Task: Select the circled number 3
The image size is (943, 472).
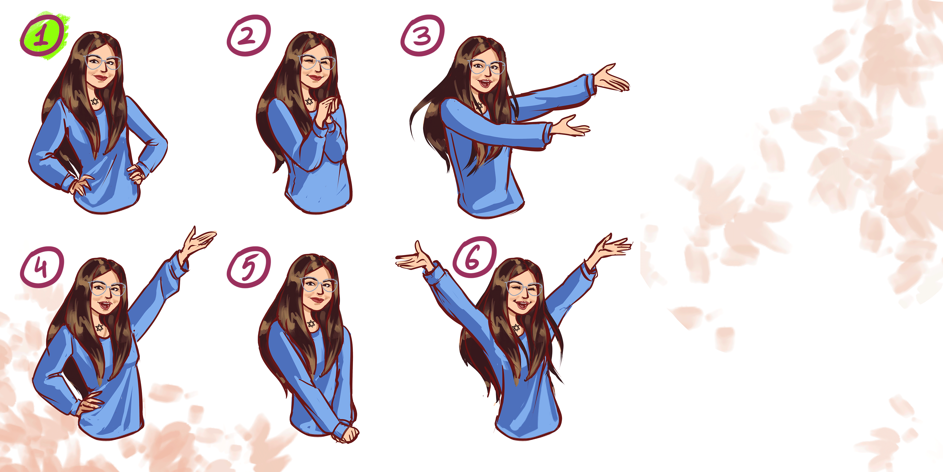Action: tap(422, 36)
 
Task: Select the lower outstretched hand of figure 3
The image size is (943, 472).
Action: tap(570, 126)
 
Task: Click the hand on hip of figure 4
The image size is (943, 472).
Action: tap(90, 403)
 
